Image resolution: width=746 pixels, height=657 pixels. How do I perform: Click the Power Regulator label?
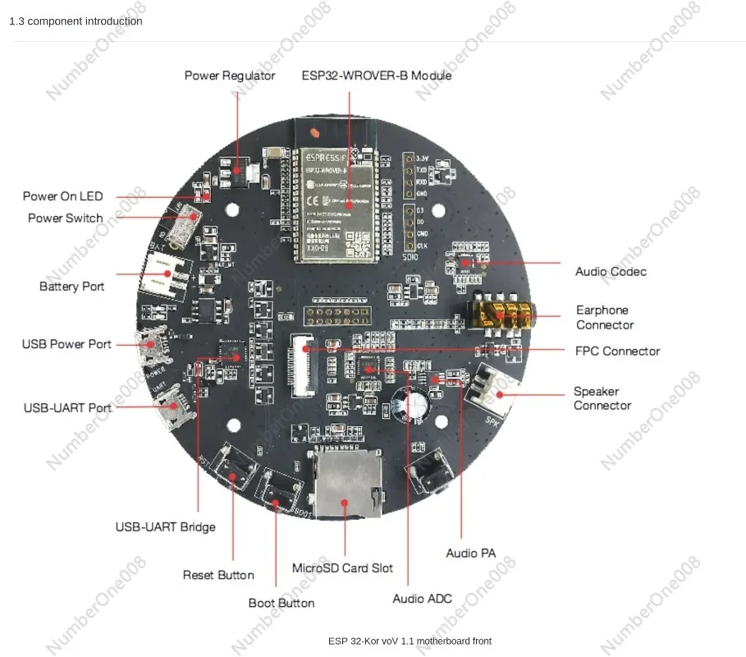click(x=229, y=76)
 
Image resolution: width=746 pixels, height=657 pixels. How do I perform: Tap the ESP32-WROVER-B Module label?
click(x=377, y=76)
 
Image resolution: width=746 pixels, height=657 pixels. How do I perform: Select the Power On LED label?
click(x=62, y=196)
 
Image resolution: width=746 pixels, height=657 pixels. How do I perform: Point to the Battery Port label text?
click(x=71, y=287)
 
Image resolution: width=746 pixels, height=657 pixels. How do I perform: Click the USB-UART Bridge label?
click(x=165, y=526)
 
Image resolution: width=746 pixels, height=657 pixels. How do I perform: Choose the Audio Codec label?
click(x=611, y=272)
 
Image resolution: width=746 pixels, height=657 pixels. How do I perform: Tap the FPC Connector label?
click(x=617, y=351)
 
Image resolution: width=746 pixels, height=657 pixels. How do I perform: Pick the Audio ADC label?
click(x=422, y=599)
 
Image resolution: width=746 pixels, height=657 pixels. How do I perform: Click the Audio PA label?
click(x=470, y=554)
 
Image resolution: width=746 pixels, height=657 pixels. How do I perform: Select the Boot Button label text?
click(x=281, y=604)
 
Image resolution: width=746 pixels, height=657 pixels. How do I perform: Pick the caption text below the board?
click(x=410, y=641)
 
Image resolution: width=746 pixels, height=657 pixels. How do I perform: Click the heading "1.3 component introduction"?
click(x=76, y=21)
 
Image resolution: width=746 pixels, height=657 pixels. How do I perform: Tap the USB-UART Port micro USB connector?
click(x=173, y=407)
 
